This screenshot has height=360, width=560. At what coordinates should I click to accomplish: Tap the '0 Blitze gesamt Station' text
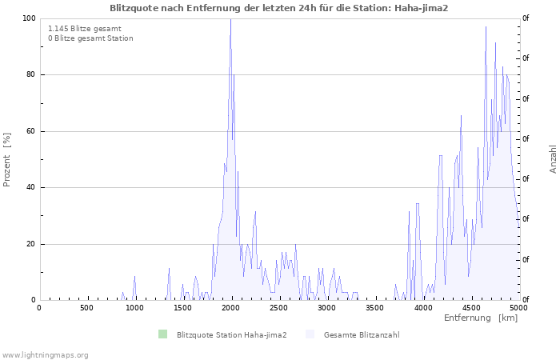(x=90, y=38)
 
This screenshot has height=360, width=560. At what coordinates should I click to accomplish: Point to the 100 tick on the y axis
(x=29, y=18)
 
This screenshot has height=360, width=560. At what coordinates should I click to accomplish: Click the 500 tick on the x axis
(x=86, y=308)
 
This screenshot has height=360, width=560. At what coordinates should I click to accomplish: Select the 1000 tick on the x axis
(x=134, y=308)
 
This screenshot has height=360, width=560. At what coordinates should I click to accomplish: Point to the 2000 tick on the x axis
(x=230, y=308)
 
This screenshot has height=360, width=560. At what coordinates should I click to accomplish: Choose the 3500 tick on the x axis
(x=374, y=308)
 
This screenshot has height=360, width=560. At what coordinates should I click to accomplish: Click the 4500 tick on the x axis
(x=470, y=308)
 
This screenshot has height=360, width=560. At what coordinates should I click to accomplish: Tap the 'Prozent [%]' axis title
(x=7, y=159)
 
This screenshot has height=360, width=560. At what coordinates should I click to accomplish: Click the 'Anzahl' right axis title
(x=553, y=159)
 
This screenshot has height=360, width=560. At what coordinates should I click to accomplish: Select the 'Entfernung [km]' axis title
(x=480, y=318)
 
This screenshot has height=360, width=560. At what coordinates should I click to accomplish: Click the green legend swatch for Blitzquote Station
(x=163, y=334)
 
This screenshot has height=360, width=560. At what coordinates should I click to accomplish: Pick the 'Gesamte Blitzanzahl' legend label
(x=361, y=334)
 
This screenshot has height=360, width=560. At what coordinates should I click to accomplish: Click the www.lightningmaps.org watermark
(x=45, y=354)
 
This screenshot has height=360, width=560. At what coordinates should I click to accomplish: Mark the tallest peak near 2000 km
(x=230, y=20)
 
